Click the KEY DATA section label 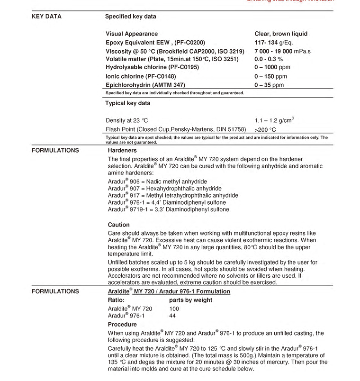click(46, 17)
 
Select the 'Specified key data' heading click(130, 17)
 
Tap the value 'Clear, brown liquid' click(281, 34)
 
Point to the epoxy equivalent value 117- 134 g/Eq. click(274, 43)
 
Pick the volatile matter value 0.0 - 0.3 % click(269, 59)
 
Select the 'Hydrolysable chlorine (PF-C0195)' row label click(153, 67)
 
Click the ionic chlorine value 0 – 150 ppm click(270, 76)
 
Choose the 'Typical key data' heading click(127, 103)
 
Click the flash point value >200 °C click(265, 129)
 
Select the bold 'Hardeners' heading click(122, 150)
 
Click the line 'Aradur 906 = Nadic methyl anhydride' click(157, 181)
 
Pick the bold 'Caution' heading click(118, 225)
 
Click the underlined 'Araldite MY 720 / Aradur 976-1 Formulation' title click(169, 291)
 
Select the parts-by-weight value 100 click(174, 309)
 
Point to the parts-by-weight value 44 click(172, 316)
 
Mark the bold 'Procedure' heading click(122, 325)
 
